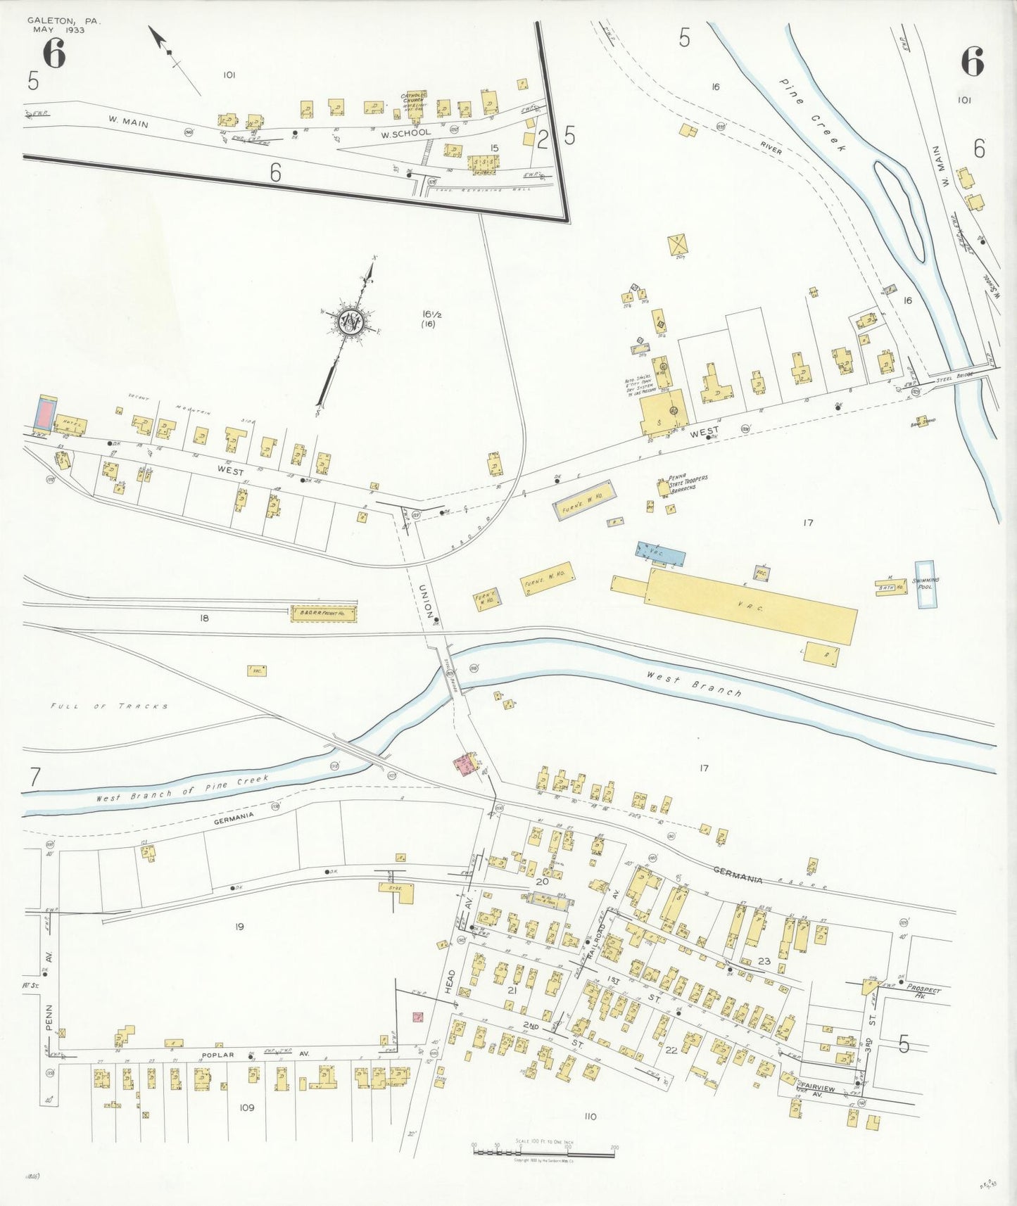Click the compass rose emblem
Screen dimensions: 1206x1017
coord(350,323)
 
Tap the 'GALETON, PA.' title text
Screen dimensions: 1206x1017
coord(64,21)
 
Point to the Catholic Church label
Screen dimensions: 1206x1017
coord(414,98)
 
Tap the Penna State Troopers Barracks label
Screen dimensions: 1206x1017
coord(688,483)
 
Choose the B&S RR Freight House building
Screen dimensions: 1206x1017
coord(324,614)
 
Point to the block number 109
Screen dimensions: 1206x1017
coord(246,1107)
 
